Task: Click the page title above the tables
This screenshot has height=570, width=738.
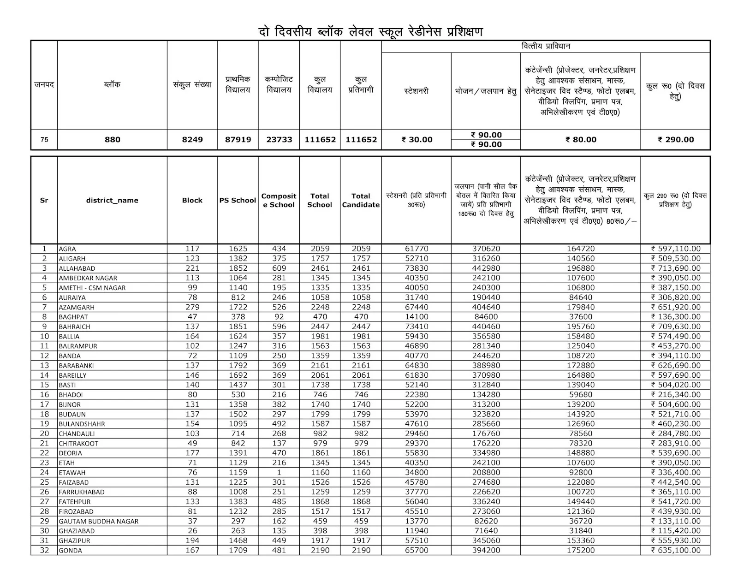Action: [x=370, y=32]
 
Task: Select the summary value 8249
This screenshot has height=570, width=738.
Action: [x=192, y=140]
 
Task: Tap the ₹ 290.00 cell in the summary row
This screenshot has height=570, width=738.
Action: [x=675, y=140]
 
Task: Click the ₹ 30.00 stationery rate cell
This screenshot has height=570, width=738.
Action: [x=417, y=140]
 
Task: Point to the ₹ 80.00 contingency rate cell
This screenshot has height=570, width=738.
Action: [x=580, y=140]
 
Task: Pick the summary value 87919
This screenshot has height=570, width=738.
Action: [x=238, y=140]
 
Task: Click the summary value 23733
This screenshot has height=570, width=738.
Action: [x=279, y=140]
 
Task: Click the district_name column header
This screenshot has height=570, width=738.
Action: [x=112, y=200]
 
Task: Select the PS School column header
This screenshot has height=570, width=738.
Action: [x=238, y=200]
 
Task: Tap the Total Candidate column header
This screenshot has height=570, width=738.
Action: [x=361, y=200]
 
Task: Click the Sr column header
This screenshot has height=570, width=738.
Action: [x=44, y=200]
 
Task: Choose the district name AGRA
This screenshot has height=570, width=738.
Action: [x=67, y=249]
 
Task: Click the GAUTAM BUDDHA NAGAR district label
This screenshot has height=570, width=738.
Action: [x=98, y=521]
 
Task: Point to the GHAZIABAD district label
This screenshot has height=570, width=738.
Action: [x=77, y=531]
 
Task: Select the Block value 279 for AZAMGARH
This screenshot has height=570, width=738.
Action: [x=192, y=307]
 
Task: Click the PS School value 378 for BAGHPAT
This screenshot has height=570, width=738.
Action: [x=238, y=317]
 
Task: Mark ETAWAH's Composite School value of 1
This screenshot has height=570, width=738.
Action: [x=279, y=472]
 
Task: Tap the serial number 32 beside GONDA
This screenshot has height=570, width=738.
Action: [x=44, y=550]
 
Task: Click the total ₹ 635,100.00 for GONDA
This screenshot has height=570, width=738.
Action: [x=675, y=550]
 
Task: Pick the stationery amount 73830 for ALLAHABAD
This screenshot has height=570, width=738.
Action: [x=417, y=268]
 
